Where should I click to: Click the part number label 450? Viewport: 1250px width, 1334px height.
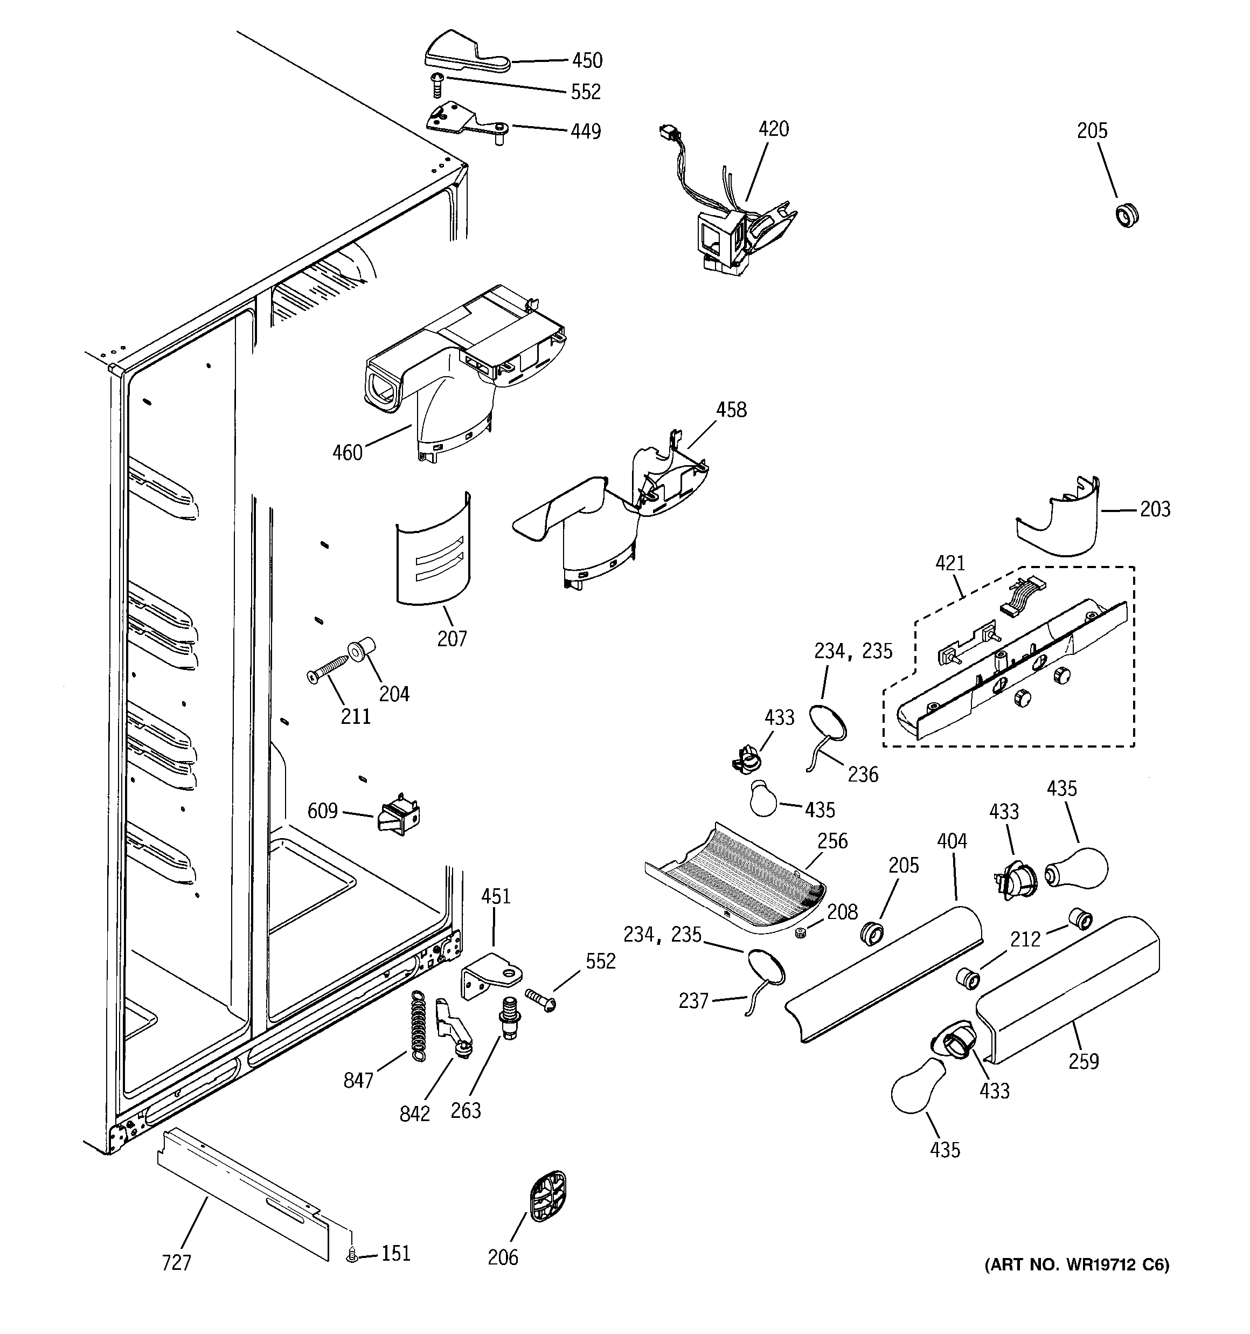click(x=587, y=60)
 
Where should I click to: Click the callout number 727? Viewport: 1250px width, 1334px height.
click(x=177, y=1263)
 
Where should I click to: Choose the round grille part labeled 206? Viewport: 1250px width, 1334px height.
click(x=547, y=1198)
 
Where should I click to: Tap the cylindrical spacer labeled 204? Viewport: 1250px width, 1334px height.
click(x=361, y=649)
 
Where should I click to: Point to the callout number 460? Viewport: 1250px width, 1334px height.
click(x=348, y=453)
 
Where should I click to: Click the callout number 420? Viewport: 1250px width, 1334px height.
click(x=773, y=129)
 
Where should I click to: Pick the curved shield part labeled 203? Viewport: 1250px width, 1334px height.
click(x=1060, y=521)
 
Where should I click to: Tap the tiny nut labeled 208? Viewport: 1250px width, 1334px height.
click(x=800, y=934)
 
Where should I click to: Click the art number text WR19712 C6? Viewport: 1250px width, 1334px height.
click(x=1110, y=1265)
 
